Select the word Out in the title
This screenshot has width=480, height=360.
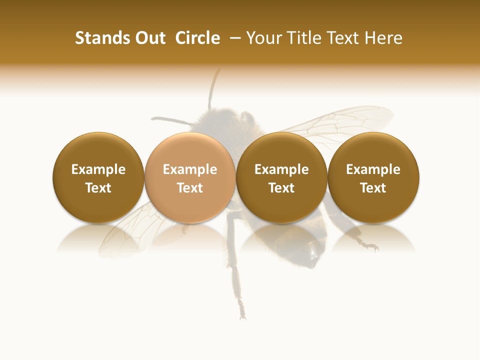click(x=149, y=38)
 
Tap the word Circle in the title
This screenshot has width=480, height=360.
click(x=197, y=38)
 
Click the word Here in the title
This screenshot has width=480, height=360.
click(x=383, y=38)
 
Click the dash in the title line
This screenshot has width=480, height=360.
click(x=233, y=38)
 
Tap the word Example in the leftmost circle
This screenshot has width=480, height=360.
click(x=98, y=169)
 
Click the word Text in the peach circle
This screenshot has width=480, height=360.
click(x=189, y=188)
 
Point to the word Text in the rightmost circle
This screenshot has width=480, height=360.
click(x=373, y=188)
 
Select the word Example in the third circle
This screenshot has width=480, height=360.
click(x=281, y=169)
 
